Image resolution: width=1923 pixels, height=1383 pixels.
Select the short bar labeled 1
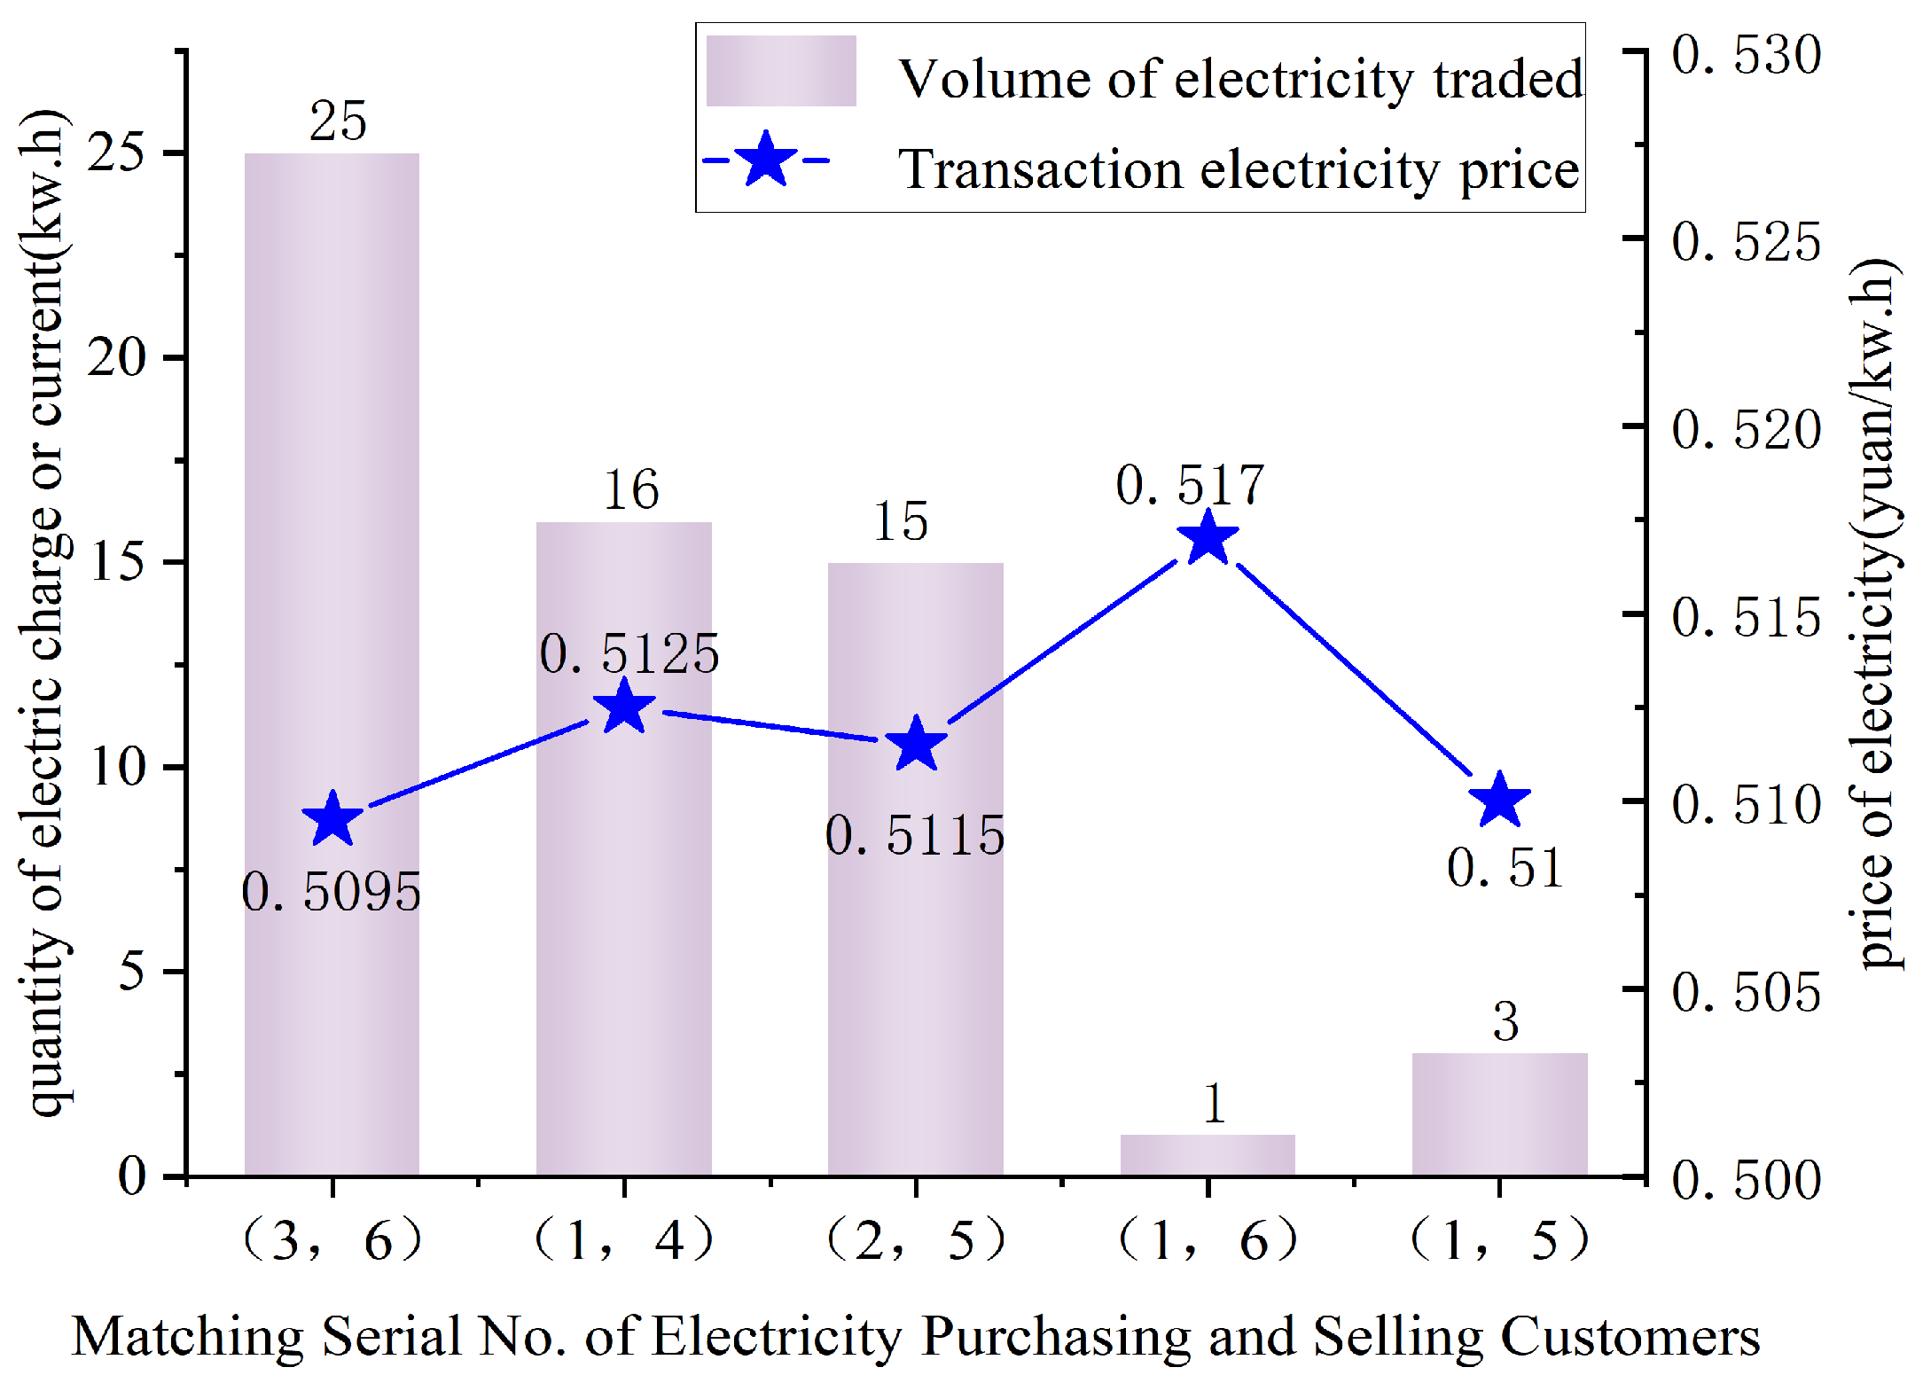coord(1208,1154)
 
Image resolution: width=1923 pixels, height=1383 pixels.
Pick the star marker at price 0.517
coord(1208,539)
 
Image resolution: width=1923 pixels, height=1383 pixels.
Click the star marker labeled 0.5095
coord(332,819)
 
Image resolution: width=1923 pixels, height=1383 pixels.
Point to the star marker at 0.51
coord(1499,800)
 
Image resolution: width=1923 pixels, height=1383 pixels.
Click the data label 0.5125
coord(629,654)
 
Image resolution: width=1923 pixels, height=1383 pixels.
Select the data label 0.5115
coord(915,835)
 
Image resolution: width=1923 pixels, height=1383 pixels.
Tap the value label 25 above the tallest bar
coord(338,121)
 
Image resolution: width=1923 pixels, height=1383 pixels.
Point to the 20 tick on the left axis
coord(116,357)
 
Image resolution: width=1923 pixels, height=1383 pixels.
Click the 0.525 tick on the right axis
coord(1746,241)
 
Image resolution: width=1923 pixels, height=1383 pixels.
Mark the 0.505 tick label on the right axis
coord(1746,991)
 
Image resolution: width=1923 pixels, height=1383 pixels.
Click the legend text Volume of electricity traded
coord(1240,79)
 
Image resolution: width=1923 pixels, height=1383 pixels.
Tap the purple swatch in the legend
coord(781,71)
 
